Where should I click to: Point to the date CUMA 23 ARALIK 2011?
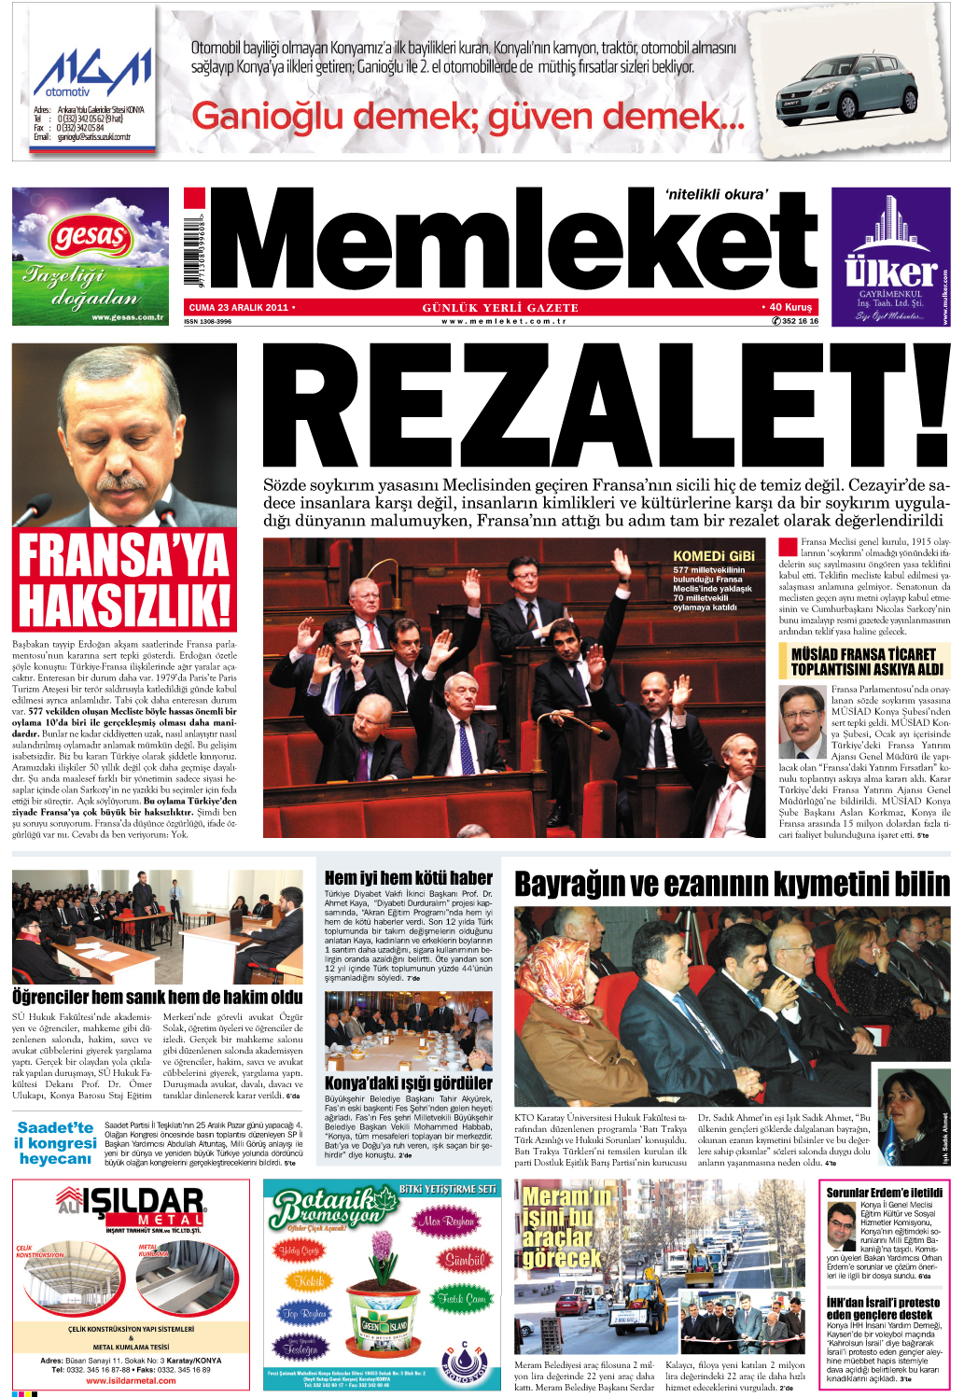pyautogui.click(x=239, y=307)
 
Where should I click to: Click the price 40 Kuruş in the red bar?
pyautogui.click(x=789, y=307)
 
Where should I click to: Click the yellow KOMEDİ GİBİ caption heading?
pyautogui.click(x=713, y=555)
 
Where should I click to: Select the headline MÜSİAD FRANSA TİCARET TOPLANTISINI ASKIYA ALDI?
pyautogui.click(x=863, y=662)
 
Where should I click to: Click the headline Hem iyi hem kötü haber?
pyautogui.click(x=408, y=877)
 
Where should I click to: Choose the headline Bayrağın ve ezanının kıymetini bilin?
pyautogui.click(x=732, y=884)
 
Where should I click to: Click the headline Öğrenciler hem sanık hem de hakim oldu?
pyautogui.click(x=157, y=997)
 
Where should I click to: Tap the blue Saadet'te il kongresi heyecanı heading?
pyautogui.click(x=56, y=1143)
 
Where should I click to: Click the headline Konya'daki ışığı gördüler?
pyautogui.click(x=408, y=1083)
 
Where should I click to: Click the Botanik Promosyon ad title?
pyautogui.click(x=323, y=1208)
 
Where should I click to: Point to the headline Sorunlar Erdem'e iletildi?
pyautogui.click(x=884, y=1193)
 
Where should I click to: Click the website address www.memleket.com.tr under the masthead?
pyautogui.click(x=504, y=321)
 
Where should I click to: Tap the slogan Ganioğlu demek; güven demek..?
pyautogui.click(x=467, y=117)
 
